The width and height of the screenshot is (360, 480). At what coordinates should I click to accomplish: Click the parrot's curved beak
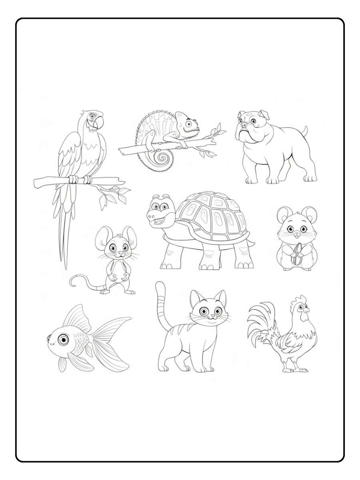click(98, 121)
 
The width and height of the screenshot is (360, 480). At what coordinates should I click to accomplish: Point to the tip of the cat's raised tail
click(160, 284)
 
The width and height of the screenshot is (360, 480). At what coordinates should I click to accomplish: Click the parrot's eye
click(92, 116)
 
